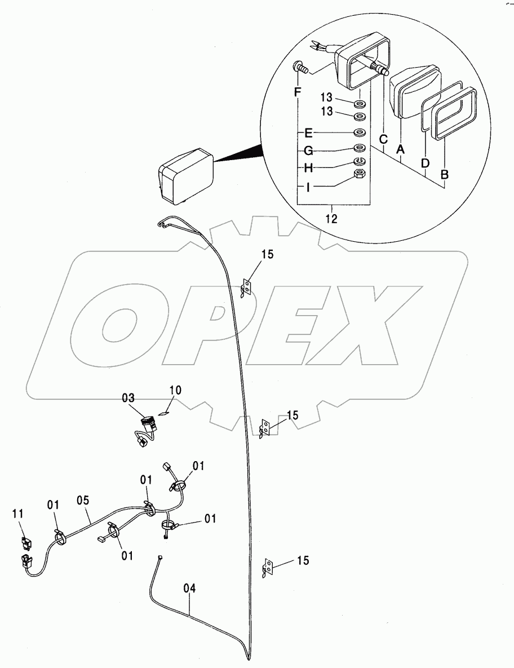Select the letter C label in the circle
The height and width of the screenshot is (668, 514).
tap(383, 139)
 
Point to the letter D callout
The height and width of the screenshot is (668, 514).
tap(425, 163)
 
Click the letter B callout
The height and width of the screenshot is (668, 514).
tap(445, 175)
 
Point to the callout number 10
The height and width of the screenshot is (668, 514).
tap(175, 390)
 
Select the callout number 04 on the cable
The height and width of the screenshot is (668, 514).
tap(190, 589)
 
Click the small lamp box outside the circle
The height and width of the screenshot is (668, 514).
tap(185, 174)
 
